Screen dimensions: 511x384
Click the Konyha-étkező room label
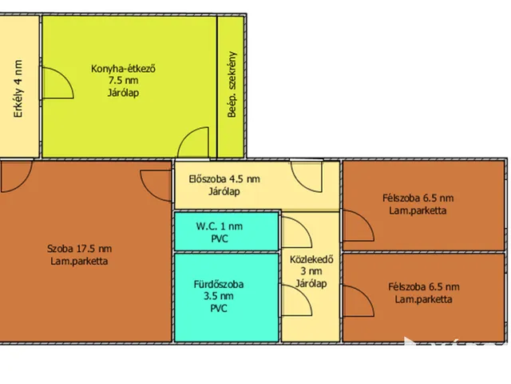pyautogui.click(x=123, y=69)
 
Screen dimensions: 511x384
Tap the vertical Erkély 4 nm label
pyautogui.click(x=18, y=89)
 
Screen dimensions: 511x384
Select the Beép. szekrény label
pyautogui.click(x=232, y=84)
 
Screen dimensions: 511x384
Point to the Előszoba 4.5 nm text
pyautogui.click(x=224, y=179)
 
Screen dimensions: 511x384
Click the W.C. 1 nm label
pyautogui.click(x=220, y=226)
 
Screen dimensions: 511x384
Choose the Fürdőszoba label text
pyautogui.click(x=219, y=284)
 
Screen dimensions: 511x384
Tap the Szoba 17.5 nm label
pyautogui.click(x=79, y=249)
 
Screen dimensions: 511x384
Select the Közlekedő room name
pyautogui.click(x=311, y=259)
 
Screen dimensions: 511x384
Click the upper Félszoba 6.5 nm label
pyautogui.click(x=418, y=198)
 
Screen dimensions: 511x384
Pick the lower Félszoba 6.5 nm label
pyautogui.click(x=424, y=287)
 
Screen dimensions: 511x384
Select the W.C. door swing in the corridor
pyautogui.click(x=303, y=226)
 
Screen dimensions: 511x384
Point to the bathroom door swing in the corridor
pyautogui.click(x=303, y=295)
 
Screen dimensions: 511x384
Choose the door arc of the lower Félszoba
pyautogui.click(x=365, y=295)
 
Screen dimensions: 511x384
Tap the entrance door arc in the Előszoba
pyautogui.click(x=300, y=183)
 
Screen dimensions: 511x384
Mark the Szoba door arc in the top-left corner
pyautogui.click(x=23, y=183)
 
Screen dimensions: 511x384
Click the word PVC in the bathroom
pyautogui.click(x=219, y=309)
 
